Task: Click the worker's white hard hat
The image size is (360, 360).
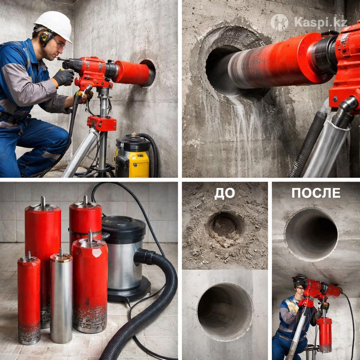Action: coord(54,26)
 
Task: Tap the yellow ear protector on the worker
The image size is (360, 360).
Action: coord(45,37)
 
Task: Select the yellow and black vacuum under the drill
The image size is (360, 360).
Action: coord(132,156)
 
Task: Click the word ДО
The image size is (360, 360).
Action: coord(224,194)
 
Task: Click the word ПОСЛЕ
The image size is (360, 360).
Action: coord(316,193)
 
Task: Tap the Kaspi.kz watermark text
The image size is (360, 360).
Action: coord(321,22)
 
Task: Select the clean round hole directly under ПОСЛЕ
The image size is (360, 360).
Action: coord(311,234)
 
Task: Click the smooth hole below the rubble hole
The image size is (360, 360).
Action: coord(225,312)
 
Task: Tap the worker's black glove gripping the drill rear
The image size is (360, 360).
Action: coord(64,77)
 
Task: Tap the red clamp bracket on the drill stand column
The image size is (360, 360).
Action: coord(102,123)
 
